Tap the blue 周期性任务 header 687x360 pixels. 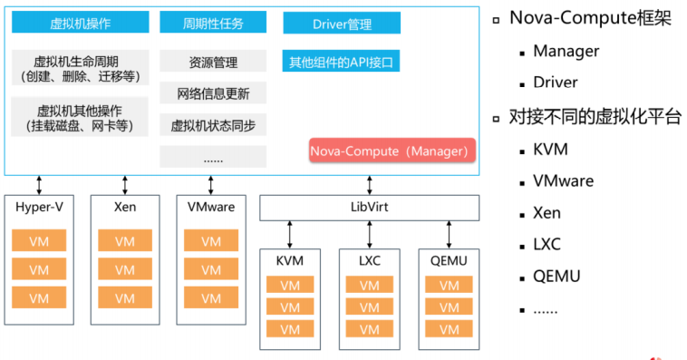coord(213,23)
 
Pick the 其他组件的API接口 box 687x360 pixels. coord(341,63)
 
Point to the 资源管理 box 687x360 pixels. coord(213,63)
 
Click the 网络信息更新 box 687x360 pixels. coord(213,93)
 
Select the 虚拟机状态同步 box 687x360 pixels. coord(213,125)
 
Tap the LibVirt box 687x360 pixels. coord(368,208)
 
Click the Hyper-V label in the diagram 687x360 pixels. coord(39,207)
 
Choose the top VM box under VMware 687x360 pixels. coord(210,241)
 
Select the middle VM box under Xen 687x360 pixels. coord(125,269)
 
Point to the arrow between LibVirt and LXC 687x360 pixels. coord(369,234)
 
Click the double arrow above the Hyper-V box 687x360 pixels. coord(38,184)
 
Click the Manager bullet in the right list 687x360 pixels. coord(566,51)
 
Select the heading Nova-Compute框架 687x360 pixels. coord(590,19)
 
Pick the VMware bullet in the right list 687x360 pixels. coord(563,180)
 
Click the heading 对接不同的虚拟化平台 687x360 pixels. coord(595,116)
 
